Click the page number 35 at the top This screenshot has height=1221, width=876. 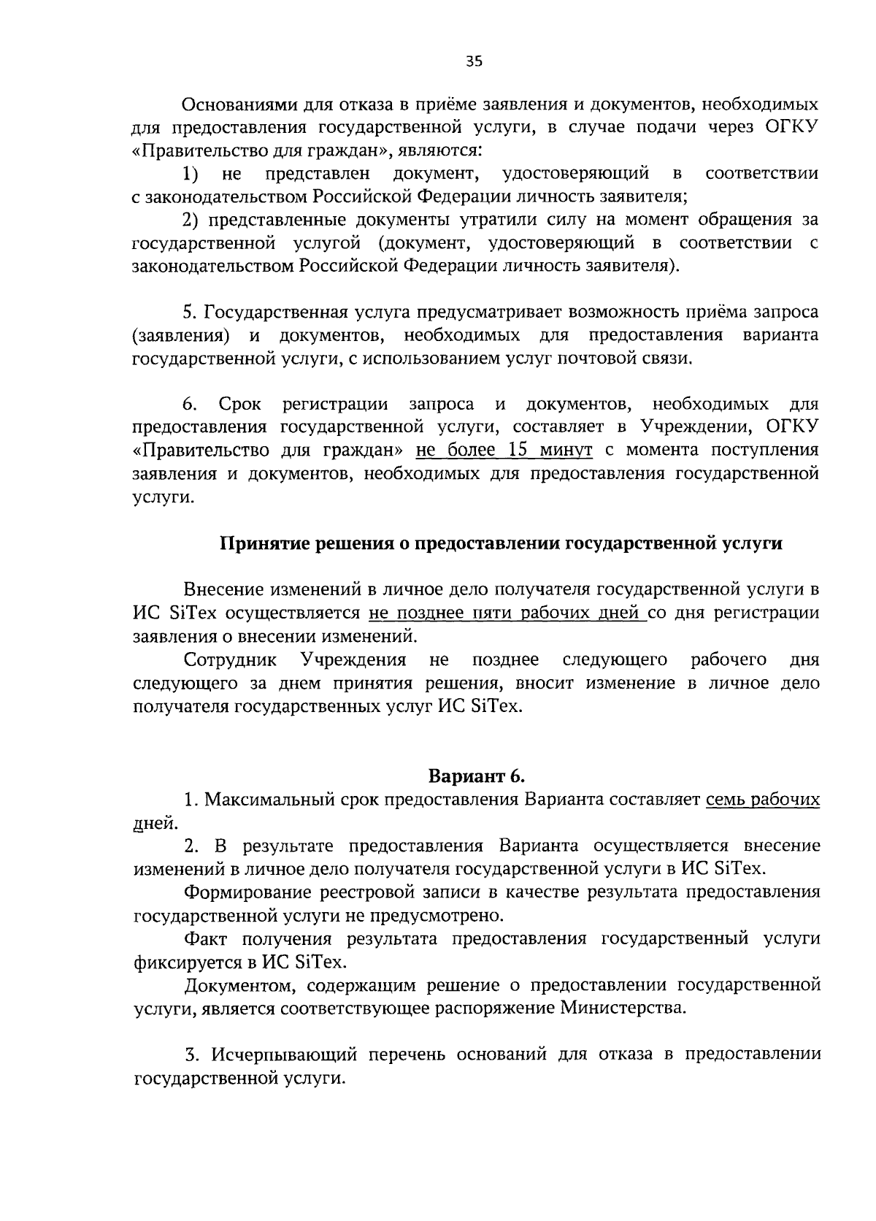[x=474, y=62]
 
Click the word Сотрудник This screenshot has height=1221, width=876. [x=230, y=660]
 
